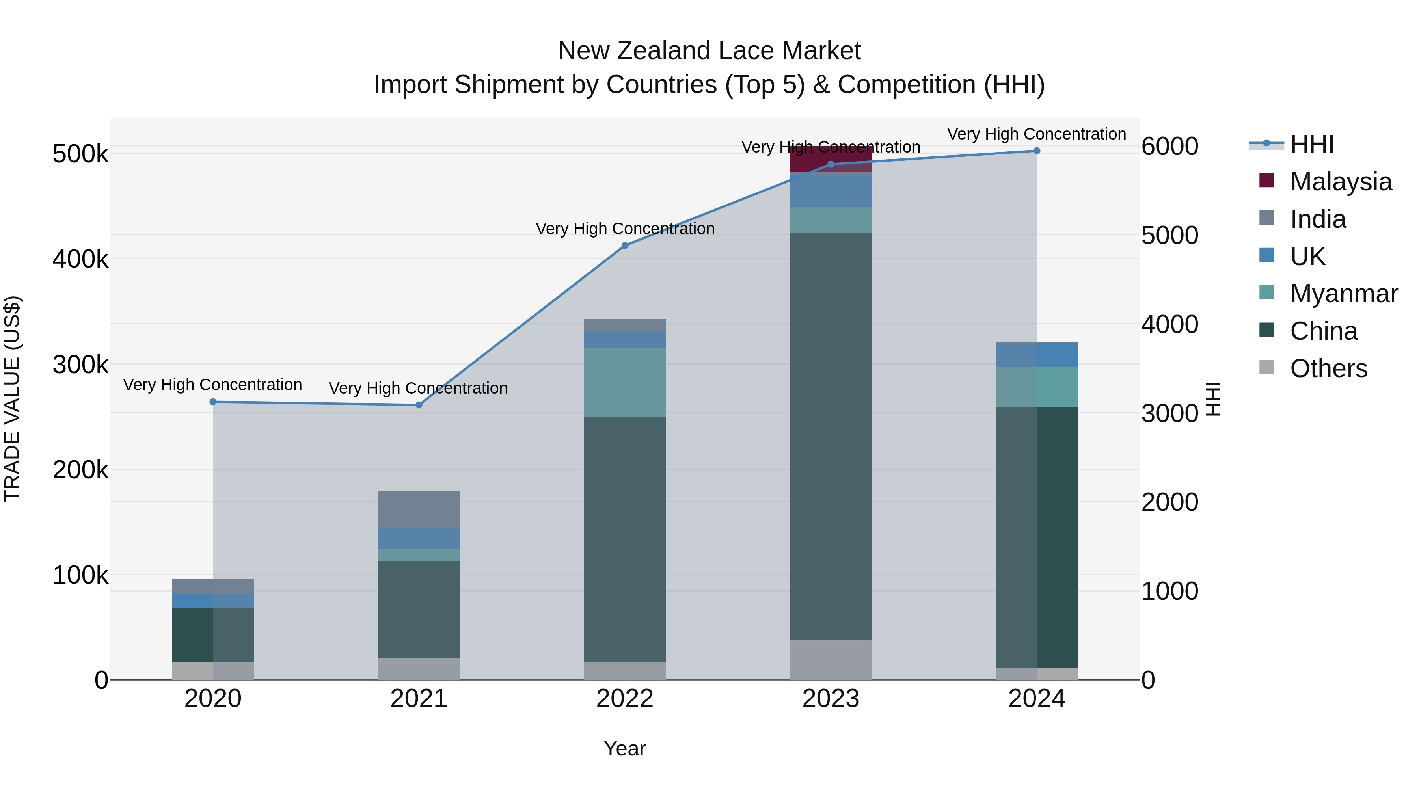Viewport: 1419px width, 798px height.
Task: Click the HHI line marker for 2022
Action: (625, 246)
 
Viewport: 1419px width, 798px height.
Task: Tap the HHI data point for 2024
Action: (1037, 151)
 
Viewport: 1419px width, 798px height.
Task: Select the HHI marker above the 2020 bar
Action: (213, 402)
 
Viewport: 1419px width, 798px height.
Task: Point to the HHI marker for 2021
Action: (419, 405)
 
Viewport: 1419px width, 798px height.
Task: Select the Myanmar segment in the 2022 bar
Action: (625, 382)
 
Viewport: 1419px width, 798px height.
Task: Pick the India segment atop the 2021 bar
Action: (419, 510)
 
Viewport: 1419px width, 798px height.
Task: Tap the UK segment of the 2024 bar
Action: (1037, 355)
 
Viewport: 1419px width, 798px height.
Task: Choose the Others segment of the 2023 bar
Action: (831, 660)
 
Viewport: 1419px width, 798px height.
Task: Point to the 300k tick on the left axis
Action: (80, 365)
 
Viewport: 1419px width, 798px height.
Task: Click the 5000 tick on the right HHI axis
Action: (1169, 236)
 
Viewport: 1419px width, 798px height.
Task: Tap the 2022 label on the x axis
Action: (625, 699)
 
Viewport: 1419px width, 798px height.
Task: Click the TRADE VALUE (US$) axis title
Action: (13, 399)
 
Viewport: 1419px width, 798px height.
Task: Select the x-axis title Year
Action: (625, 748)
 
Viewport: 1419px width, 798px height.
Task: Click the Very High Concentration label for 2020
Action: (212, 384)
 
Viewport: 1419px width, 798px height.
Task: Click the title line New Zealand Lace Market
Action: (709, 51)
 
